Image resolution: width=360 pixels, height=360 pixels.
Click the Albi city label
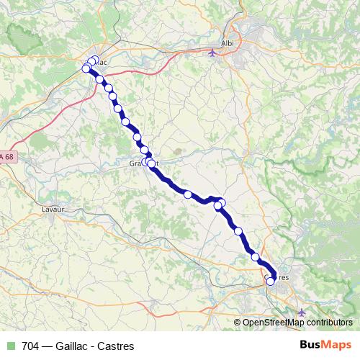point(228,43)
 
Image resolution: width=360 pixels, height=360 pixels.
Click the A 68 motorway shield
point(7,157)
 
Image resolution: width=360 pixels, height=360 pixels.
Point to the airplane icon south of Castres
point(301,312)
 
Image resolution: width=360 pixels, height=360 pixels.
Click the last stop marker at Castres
point(271,282)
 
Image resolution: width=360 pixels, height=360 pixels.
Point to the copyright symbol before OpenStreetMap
point(238,323)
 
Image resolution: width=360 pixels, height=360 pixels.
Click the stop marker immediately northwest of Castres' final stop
point(256,256)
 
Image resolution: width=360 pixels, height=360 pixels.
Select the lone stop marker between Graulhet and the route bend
point(188,194)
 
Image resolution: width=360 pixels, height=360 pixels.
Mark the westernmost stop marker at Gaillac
point(86,68)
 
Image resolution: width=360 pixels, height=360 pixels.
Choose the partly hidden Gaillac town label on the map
point(101,62)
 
